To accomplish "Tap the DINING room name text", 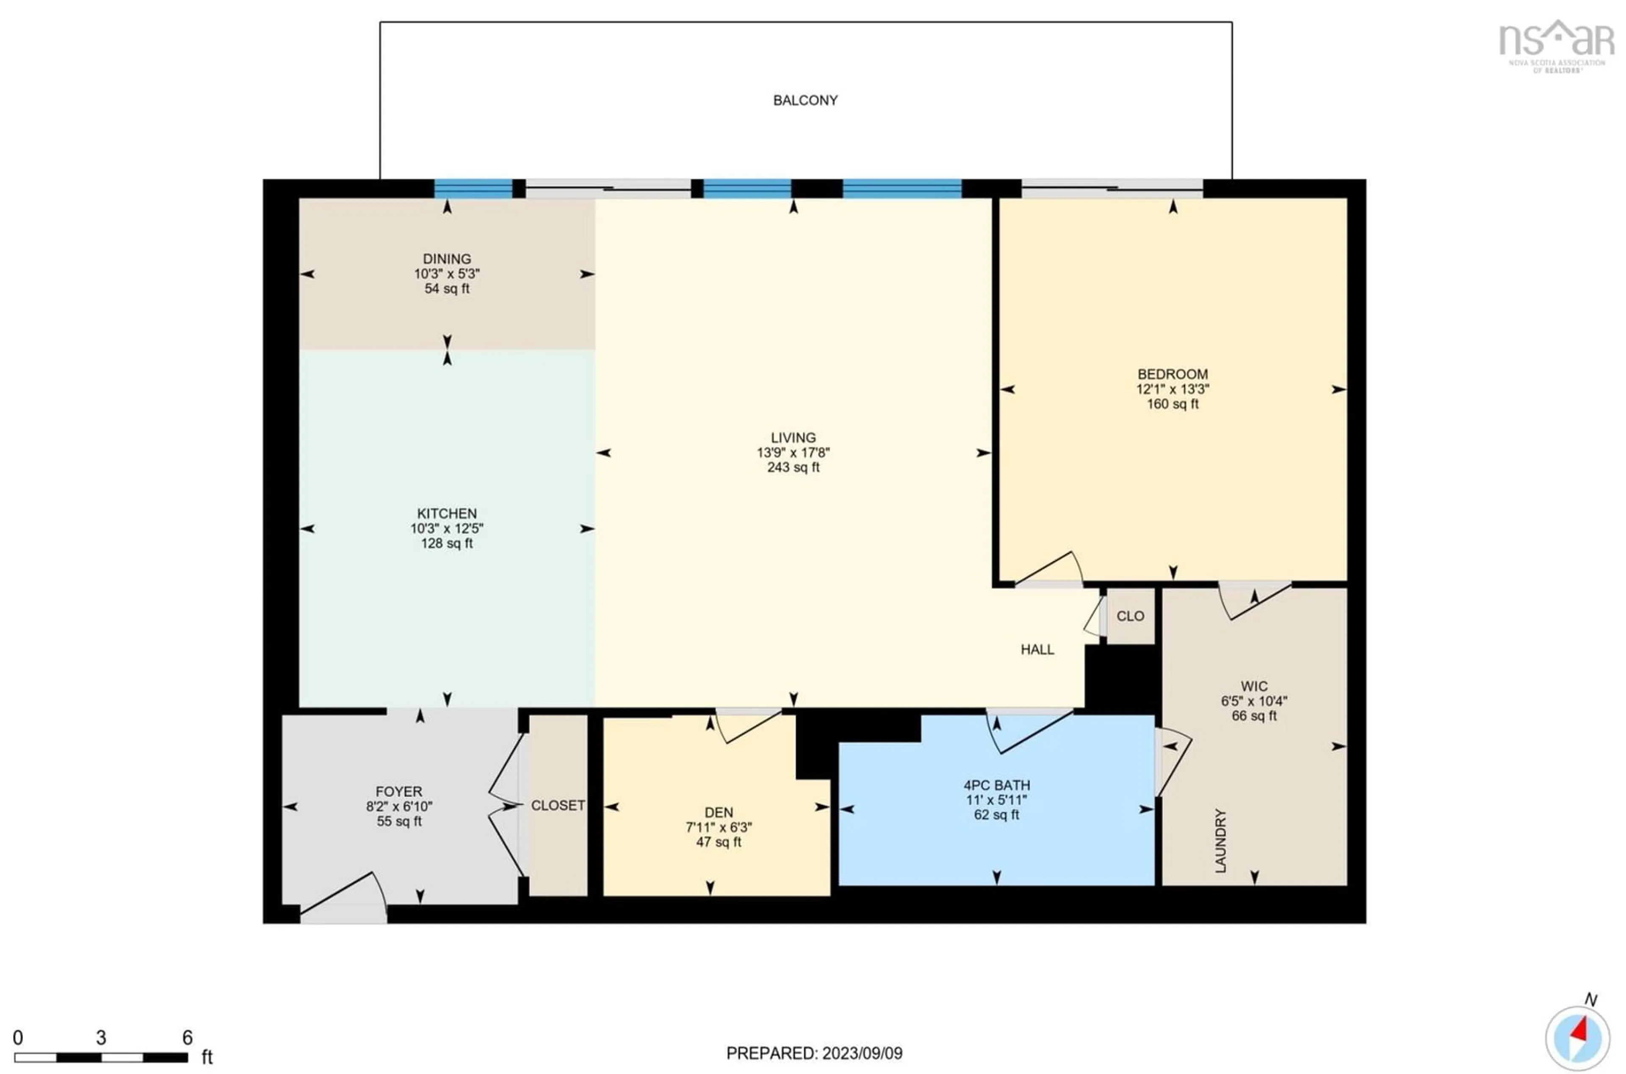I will pyautogui.click(x=447, y=259).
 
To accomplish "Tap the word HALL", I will pyautogui.click(x=1037, y=650).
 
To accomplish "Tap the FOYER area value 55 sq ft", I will pyautogui.click(x=398, y=821).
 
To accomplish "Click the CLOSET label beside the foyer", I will pyautogui.click(x=558, y=806).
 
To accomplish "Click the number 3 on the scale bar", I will pyautogui.click(x=101, y=1038).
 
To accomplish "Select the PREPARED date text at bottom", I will pyautogui.click(x=814, y=1053).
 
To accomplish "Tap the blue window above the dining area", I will pyautogui.click(x=473, y=188).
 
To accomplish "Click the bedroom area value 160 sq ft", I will pyautogui.click(x=1172, y=404).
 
